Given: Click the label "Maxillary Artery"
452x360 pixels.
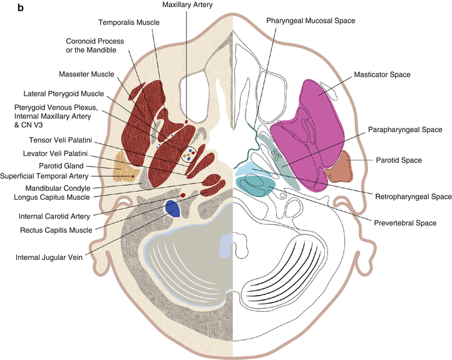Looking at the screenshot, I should [x=187, y=5].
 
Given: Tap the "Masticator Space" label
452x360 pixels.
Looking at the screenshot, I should [x=381, y=75].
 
